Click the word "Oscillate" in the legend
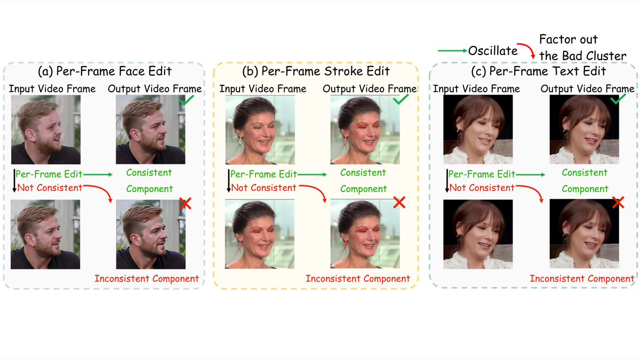(x=493, y=51)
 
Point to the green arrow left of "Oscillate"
(x=452, y=51)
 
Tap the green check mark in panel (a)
(x=186, y=100)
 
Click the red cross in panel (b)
(x=399, y=202)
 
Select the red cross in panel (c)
(x=618, y=202)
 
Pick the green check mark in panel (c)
(x=617, y=99)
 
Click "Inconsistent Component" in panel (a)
(x=147, y=278)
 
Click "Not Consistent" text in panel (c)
(x=482, y=187)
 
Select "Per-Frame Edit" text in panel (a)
(x=49, y=174)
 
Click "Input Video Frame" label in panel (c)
(x=476, y=89)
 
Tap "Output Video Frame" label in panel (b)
(x=370, y=89)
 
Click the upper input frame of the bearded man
(x=46, y=130)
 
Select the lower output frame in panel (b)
(x=365, y=235)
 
